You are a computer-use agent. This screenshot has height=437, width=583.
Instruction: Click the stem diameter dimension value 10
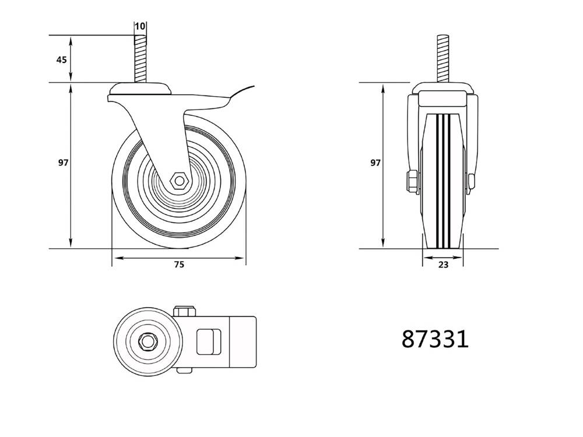click(140, 27)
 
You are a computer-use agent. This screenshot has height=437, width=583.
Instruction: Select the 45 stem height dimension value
click(61, 59)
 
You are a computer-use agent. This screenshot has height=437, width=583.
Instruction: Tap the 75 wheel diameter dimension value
click(179, 265)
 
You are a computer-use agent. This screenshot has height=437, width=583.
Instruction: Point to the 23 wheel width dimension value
click(442, 265)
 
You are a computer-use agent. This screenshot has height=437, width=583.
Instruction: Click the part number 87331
click(435, 339)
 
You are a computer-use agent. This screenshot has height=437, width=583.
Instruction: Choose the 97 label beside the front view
click(375, 163)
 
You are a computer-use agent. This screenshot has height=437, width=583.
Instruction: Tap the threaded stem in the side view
click(140, 58)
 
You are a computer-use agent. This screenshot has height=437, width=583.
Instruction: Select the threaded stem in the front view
click(442, 58)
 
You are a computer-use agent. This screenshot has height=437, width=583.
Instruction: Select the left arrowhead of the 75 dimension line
click(115, 257)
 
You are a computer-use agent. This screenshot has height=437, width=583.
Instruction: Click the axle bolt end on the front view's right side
click(470, 182)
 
